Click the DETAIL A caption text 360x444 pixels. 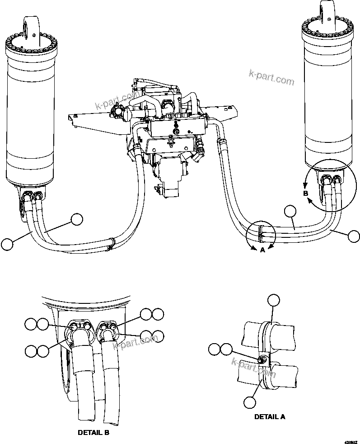point(269,416)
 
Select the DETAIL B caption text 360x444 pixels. point(94,432)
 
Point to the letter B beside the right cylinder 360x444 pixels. point(305,193)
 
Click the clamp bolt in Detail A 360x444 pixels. point(262,359)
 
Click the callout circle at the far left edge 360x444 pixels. point(7,244)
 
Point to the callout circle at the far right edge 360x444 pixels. point(354,236)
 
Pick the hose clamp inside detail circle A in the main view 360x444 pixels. point(261,231)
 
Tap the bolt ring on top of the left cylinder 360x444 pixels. point(30,46)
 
